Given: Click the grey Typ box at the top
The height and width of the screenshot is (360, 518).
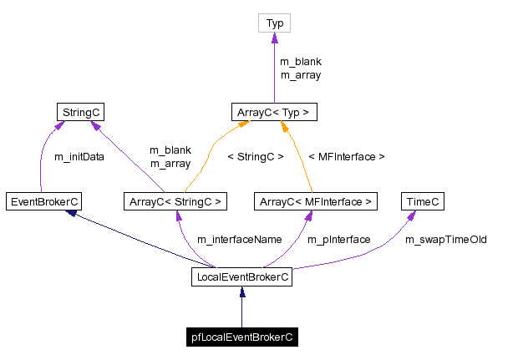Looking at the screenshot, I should [274, 24].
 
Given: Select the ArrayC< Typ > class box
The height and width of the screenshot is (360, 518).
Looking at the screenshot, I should [274, 111].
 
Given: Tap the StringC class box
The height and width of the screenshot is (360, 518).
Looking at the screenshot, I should [80, 111].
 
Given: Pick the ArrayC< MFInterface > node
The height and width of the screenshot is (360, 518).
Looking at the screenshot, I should [316, 201].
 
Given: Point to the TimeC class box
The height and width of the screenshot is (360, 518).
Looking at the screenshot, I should [422, 201].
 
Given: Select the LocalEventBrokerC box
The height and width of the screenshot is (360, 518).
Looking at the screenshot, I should [241, 277].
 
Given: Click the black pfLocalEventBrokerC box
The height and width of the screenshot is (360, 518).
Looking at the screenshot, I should [241, 337].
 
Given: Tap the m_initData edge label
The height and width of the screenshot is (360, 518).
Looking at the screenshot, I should [79, 156].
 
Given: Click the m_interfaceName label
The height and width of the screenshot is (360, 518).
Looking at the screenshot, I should [239, 240].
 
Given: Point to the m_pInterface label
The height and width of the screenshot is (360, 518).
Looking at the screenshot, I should [338, 240].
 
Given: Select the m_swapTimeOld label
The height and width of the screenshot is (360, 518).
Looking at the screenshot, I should [445, 240].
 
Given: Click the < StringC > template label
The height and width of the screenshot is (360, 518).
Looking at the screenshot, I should [256, 156].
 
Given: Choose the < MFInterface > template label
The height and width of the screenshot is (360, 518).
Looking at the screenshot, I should [347, 156].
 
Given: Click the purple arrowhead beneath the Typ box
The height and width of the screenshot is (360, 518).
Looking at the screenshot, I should [274, 38].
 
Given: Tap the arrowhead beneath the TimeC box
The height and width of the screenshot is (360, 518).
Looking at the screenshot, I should [412, 215].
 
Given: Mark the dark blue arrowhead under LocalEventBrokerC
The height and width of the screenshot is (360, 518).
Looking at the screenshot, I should [241, 292].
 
